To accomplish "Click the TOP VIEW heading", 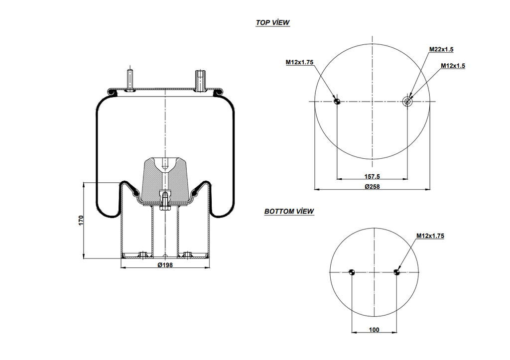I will click(x=272, y=22).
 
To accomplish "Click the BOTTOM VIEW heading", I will click(x=289, y=211).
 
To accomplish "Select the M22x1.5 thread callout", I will click(x=441, y=49).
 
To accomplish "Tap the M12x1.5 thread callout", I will click(x=453, y=66).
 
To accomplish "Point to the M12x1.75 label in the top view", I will click(x=299, y=62).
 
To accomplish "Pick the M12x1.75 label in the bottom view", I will click(x=430, y=236).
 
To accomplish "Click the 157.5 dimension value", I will click(x=372, y=176).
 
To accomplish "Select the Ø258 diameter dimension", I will click(x=372, y=187).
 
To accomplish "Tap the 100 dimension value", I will click(x=375, y=329).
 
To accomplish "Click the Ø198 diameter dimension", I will click(x=165, y=265).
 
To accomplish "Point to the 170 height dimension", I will click(x=81, y=220).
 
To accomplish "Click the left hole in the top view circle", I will click(x=337, y=102).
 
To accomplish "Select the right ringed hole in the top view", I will click(x=407, y=102).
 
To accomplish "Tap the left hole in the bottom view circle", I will click(x=352, y=272).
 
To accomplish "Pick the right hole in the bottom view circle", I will click(x=396, y=272).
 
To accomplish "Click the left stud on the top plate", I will click(x=130, y=80).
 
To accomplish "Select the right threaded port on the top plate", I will click(x=200, y=81).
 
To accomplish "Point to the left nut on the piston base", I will click(x=142, y=255).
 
